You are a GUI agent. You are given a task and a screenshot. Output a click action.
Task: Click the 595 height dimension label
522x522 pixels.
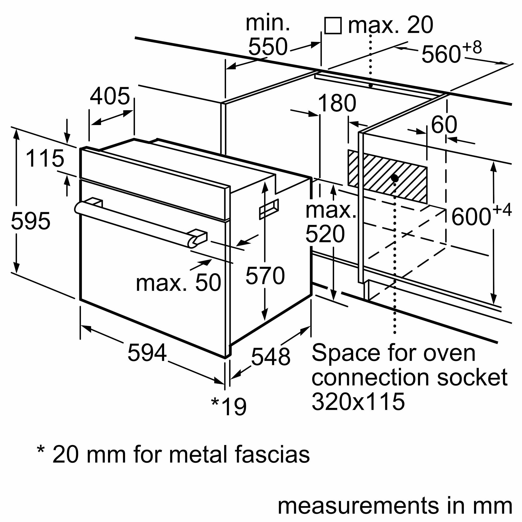coord(31,221)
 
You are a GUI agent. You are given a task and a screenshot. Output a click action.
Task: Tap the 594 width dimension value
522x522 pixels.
coord(147,353)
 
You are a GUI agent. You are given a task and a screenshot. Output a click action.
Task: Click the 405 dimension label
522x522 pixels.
coord(110,97)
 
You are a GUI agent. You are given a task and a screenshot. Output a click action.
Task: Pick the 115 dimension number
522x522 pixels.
coord(45,159)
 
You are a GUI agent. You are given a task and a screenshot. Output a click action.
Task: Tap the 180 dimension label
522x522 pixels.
coord(337,103)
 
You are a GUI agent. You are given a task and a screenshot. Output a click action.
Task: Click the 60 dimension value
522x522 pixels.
coord(444,125)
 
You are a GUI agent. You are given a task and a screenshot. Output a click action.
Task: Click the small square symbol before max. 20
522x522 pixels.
coord(333,26)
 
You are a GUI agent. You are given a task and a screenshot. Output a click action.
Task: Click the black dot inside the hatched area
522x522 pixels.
coord(395,178)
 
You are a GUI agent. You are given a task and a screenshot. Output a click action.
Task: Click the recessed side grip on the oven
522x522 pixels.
coord(269,209)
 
